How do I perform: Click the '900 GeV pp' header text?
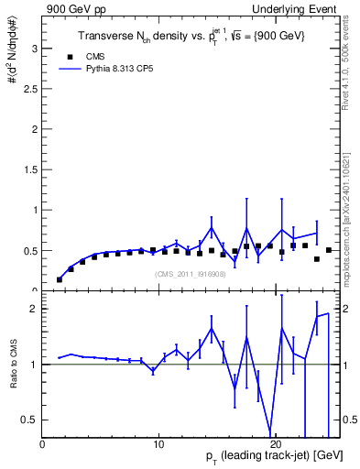[73, 9]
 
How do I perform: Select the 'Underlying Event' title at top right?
[297, 9]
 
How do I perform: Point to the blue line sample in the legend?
[71, 69]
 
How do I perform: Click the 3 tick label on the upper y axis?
[35, 48]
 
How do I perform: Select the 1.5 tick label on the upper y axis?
[30, 169]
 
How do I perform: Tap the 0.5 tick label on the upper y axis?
[30, 250]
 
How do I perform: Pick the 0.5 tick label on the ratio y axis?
[30, 420]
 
